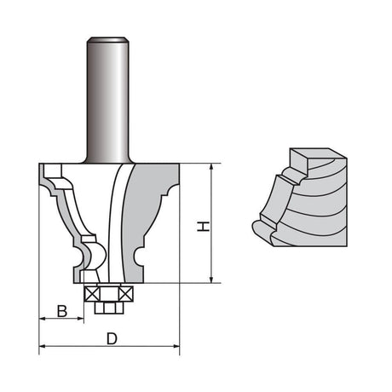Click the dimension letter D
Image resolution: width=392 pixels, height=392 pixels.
(x=112, y=339)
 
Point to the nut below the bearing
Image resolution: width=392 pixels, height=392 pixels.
(x=108, y=303)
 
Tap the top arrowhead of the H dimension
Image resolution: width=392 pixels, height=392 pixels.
(x=210, y=167)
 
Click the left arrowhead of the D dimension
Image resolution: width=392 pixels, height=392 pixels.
(x=43, y=347)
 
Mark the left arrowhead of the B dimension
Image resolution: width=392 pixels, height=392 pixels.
(x=43, y=319)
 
